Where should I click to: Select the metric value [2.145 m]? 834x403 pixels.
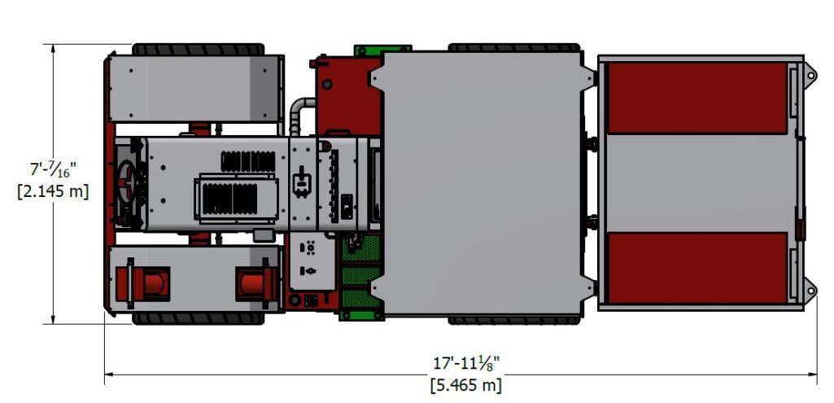(x=53, y=191)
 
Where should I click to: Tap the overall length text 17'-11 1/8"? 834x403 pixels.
(x=466, y=364)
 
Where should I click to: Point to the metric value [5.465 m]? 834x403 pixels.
(x=466, y=384)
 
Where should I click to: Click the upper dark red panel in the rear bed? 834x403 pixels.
(x=697, y=98)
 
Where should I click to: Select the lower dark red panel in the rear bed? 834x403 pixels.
(x=697, y=268)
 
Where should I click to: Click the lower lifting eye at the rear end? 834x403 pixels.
(x=810, y=290)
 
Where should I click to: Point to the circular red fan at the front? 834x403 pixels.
(x=128, y=182)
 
